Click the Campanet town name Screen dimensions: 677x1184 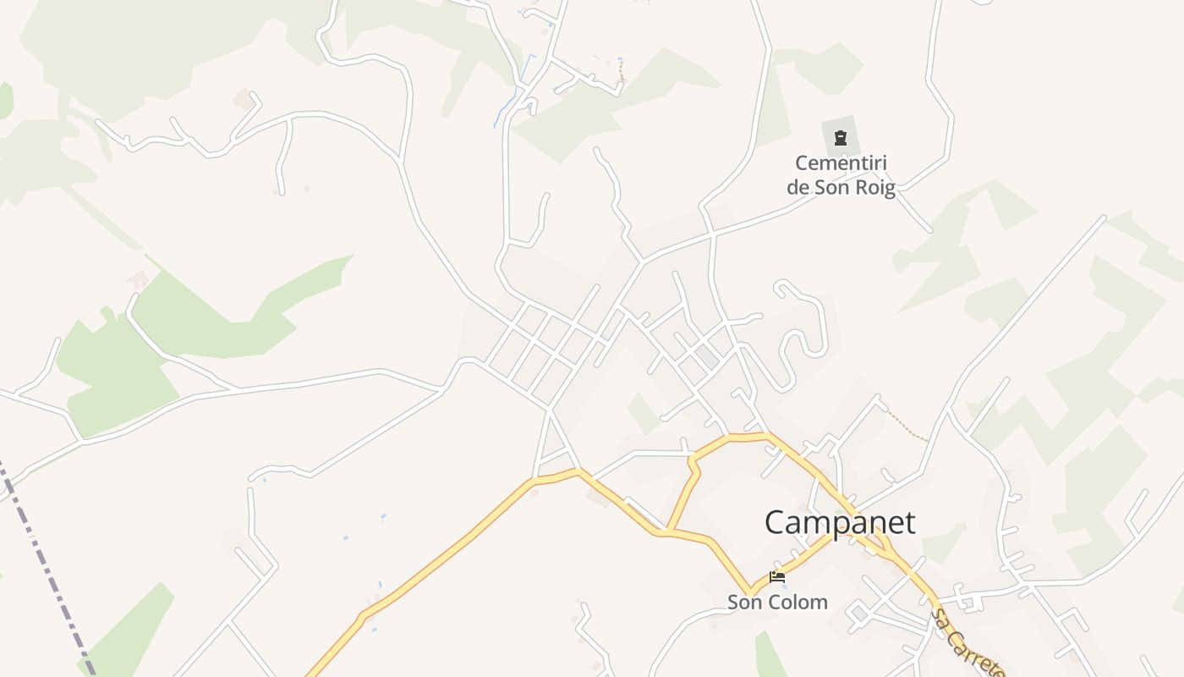839,523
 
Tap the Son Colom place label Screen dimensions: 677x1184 777,603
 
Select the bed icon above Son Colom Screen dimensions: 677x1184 777,578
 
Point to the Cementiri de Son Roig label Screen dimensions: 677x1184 841,175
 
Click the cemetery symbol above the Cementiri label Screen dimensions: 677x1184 840,137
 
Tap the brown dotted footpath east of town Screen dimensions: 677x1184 906,427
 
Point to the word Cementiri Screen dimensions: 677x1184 841,162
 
